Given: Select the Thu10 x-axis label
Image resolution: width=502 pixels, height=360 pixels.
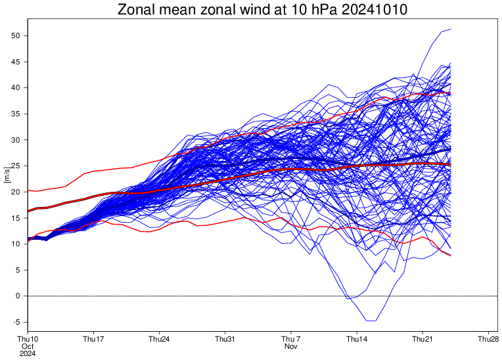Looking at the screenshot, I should [x=27, y=339].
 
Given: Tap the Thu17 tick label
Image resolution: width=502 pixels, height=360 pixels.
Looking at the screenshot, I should [x=93, y=339].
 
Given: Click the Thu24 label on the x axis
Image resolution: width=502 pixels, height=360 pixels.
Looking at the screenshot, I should [x=159, y=339].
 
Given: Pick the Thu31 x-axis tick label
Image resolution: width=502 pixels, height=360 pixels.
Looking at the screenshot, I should [x=225, y=339].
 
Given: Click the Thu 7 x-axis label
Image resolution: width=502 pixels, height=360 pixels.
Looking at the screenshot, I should [x=291, y=339].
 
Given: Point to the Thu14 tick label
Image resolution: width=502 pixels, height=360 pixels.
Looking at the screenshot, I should [x=357, y=339].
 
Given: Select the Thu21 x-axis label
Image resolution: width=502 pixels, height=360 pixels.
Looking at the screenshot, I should [x=422, y=339].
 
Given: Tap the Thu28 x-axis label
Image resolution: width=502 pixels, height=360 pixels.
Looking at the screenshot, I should [x=488, y=339].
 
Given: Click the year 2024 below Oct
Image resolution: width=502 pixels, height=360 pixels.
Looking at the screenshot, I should [x=27, y=353].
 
